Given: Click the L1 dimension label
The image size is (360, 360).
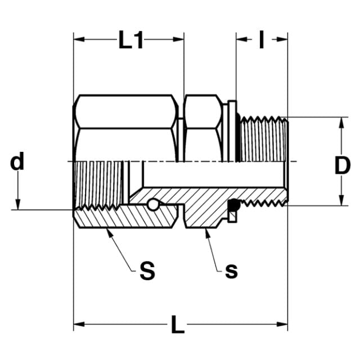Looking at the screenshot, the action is coord(131,40).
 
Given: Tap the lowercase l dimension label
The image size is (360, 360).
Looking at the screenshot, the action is coord(261,39).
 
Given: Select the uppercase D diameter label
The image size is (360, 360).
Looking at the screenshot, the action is coord(343,165).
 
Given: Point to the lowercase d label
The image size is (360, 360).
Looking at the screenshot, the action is coord(17,161).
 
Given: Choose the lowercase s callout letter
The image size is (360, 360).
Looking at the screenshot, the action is coord(231,271).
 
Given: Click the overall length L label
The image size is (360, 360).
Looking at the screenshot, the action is coord(178,325).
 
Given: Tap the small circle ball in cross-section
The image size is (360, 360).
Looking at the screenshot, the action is coord(153,205).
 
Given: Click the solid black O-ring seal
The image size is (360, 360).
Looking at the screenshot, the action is coord(234,205).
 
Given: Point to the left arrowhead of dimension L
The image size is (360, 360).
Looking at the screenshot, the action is coord(79,325).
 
